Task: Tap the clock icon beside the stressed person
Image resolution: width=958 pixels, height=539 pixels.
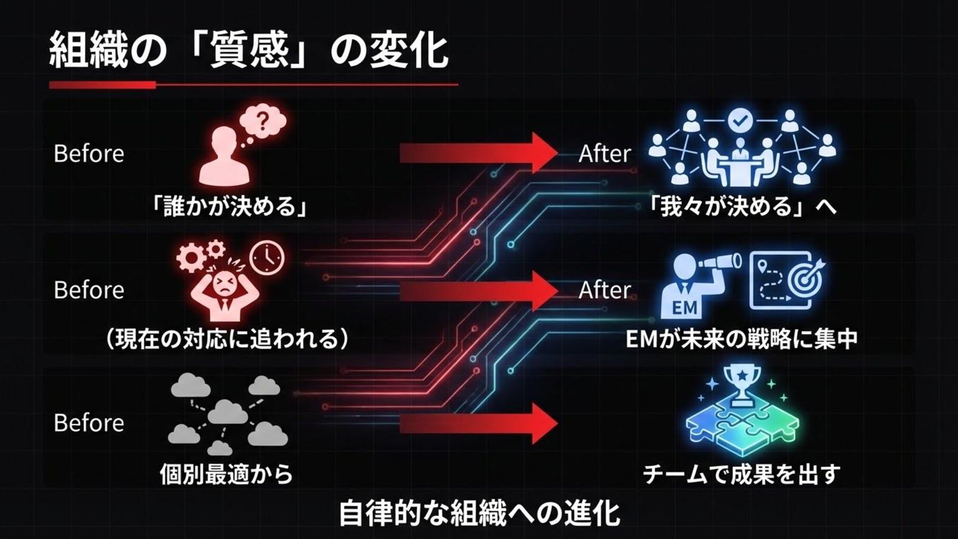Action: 267,258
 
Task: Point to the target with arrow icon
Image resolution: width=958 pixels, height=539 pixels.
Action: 804,277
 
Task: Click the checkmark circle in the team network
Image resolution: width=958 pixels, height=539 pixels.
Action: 739,120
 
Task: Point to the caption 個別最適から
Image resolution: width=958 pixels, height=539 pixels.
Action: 227,473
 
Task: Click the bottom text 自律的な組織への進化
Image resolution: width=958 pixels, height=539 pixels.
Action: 479,514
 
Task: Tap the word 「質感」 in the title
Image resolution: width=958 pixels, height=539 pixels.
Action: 248,51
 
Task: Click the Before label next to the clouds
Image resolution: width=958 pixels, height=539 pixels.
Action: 89,423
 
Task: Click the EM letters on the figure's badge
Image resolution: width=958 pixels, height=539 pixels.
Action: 684,307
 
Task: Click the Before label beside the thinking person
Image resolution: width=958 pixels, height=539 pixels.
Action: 89,154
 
